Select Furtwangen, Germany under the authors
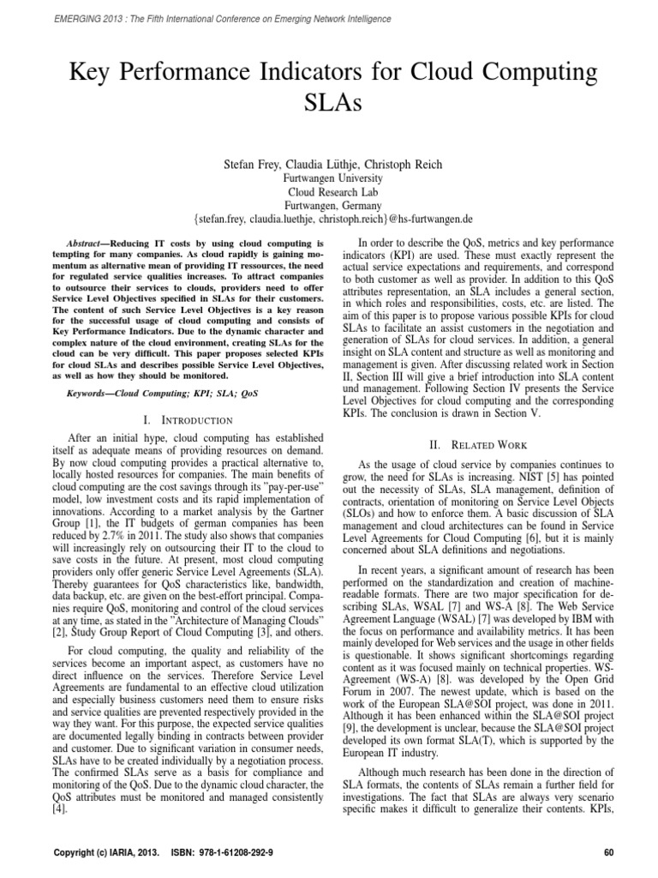click(x=329, y=206)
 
